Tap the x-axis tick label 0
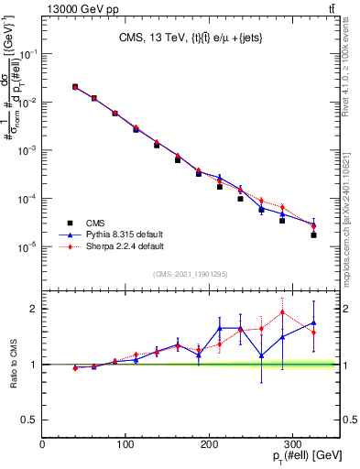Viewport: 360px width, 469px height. (x=42, y=443)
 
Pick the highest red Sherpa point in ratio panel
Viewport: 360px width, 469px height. (x=283, y=312)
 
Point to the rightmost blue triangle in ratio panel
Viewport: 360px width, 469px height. (x=313, y=322)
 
